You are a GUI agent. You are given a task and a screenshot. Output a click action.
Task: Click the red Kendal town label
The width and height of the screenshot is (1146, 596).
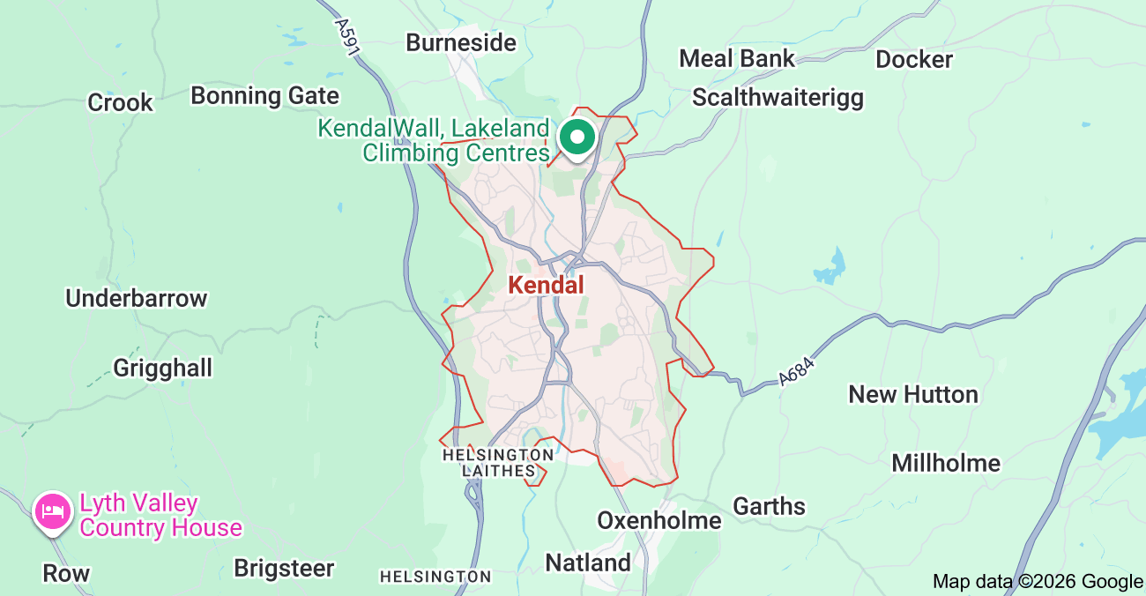pyautogui.click(x=546, y=286)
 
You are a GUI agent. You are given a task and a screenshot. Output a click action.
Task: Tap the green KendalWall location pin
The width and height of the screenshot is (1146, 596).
pyautogui.click(x=577, y=138)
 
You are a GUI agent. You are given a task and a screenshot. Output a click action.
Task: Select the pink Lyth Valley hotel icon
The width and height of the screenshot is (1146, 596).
pyautogui.click(x=52, y=511)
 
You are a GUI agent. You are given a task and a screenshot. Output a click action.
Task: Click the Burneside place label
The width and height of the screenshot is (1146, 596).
pyautogui.click(x=460, y=42)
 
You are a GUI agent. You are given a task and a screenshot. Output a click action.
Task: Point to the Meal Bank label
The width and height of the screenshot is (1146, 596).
pyautogui.click(x=736, y=59)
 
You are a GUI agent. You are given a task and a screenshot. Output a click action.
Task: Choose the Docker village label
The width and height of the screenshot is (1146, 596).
pyautogui.click(x=913, y=60)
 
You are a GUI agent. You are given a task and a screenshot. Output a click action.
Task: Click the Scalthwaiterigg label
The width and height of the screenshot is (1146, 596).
pyautogui.click(x=778, y=97)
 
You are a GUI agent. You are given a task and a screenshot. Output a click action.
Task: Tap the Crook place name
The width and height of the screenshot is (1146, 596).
pyautogui.click(x=120, y=103)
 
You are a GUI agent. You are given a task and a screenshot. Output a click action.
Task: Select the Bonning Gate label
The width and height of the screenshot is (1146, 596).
pyautogui.click(x=264, y=95)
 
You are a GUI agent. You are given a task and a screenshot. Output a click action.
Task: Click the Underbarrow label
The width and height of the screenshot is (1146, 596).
pyautogui.click(x=136, y=299)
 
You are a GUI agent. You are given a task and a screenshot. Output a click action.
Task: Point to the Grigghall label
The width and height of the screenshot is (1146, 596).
pyautogui.click(x=162, y=368)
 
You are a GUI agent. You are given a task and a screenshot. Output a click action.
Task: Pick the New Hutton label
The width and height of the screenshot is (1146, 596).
pyautogui.click(x=912, y=394)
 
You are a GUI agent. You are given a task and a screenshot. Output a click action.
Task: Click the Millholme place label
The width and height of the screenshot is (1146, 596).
pyautogui.click(x=945, y=463)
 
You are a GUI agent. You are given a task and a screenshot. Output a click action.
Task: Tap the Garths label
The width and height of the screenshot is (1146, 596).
pyautogui.click(x=769, y=507)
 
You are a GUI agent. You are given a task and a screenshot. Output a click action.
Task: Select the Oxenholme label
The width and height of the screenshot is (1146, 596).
pyautogui.click(x=659, y=521)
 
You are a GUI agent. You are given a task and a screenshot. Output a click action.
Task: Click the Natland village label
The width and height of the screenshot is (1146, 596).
pyautogui.click(x=588, y=562)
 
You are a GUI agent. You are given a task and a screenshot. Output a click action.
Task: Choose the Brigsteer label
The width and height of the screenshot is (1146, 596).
pyautogui.click(x=284, y=569)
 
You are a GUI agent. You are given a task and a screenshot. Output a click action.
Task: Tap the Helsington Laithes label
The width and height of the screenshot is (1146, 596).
pyautogui.click(x=498, y=463)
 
